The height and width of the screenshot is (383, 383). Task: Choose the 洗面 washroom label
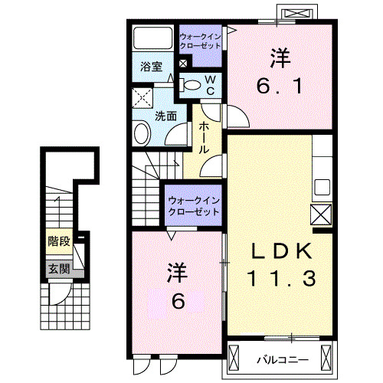point(166,116)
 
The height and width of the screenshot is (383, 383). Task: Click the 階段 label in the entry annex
point(59,242)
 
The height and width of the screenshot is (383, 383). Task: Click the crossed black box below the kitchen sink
point(320,214)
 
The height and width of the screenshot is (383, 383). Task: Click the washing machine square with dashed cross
point(141,97)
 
